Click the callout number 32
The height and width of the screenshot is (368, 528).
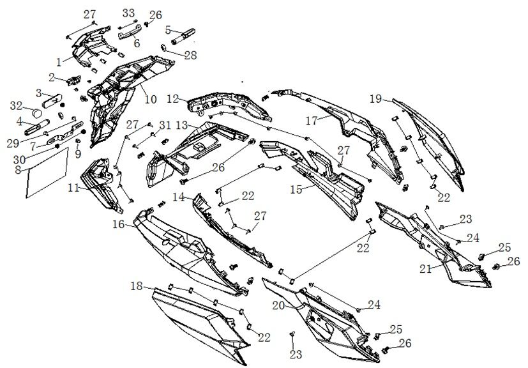17,105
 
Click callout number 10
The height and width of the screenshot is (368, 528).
150,100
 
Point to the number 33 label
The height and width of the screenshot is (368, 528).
128,13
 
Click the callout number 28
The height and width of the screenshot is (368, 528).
190,55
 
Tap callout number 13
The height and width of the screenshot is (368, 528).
182,123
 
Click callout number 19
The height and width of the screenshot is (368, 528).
376,98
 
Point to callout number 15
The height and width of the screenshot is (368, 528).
296,189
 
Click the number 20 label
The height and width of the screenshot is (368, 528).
278,305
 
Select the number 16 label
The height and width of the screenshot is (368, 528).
119,225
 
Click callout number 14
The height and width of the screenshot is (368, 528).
178,197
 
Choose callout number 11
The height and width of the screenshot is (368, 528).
74,188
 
